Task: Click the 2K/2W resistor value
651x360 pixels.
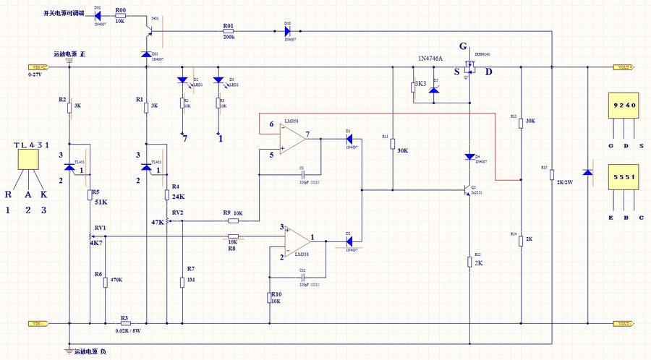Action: pos(566,181)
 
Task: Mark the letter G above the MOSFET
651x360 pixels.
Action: pos(462,46)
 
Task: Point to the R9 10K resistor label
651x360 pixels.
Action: pos(233,213)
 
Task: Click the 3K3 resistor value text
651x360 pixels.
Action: pos(420,85)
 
